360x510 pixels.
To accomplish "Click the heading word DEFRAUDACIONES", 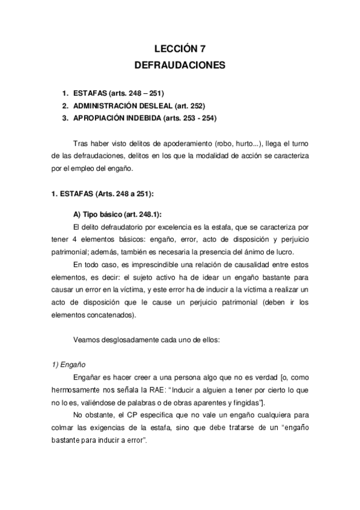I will pyautogui.click(x=180, y=64).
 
